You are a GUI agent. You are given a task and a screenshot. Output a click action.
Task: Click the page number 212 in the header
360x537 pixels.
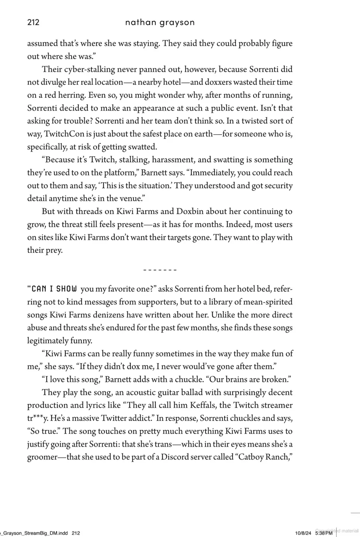click(x=33, y=22)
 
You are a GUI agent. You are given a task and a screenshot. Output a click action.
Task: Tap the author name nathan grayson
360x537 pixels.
click(x=160, y=22)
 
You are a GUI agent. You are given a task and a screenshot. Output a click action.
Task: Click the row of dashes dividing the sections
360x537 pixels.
click(x=160, y=270)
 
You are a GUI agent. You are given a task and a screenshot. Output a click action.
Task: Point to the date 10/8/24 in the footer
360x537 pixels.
click(x=303, y=533)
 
